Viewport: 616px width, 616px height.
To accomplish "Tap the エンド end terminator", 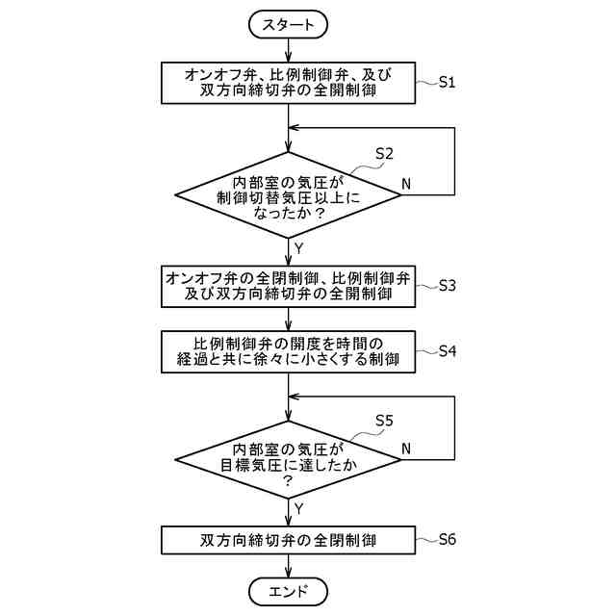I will click(289, 589).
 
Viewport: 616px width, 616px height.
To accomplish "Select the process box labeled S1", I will click(289, 84).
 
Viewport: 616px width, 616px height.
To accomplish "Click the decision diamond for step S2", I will click(289, 195).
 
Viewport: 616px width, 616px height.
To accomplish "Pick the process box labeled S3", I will click(289, 286).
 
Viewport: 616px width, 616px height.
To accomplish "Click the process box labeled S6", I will click(289, 540).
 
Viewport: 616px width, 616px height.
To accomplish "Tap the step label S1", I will click(447, 83).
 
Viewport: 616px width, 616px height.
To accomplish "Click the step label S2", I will click(384, 153).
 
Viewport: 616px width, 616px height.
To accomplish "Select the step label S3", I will click(447, 286).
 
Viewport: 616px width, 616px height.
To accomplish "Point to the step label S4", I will click(447, 351).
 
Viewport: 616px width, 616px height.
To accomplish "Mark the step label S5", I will click(384, 421).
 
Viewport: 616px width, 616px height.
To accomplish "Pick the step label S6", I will click(447, 539).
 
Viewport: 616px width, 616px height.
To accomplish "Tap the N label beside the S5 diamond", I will click(405, 449).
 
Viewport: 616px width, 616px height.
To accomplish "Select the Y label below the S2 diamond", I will click(298, 248).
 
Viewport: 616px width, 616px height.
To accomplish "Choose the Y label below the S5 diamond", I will click(298, 507).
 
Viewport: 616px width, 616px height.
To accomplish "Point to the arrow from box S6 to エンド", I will click(289, 565).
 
